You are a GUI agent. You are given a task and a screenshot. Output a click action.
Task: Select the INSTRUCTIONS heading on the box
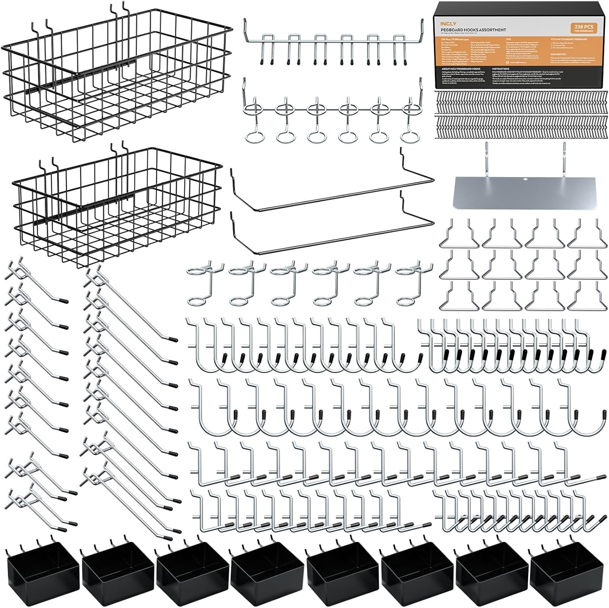(x=500, y=69)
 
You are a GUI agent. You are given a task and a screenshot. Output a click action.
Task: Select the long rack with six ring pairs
(x=333, y=118)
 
